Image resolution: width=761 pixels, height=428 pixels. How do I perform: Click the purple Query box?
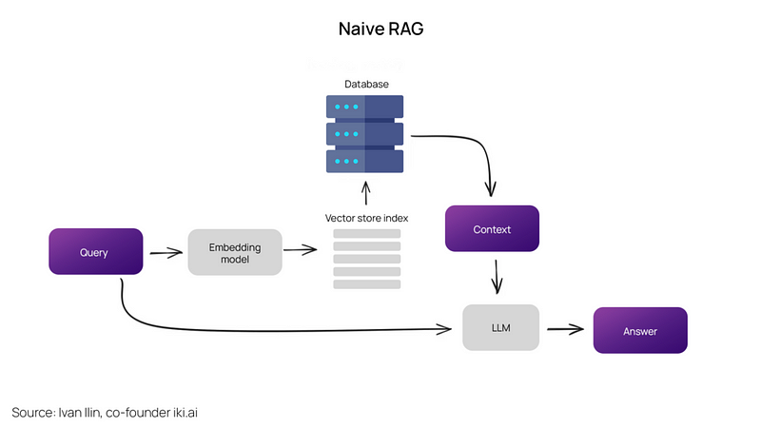coord(95,252)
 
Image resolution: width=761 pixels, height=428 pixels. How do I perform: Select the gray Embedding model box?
coord(235,252)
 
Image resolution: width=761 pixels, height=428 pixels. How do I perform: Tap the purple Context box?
coord(492,229)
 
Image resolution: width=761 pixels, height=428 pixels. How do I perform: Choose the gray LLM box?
coord(500,328)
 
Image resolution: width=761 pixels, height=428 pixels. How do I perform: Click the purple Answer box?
coord(640,330)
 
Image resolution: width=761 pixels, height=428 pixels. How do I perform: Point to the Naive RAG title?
coord(380,29)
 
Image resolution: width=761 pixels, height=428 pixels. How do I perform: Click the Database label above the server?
coord(366,85)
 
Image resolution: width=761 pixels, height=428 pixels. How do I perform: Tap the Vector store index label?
coord(366,218)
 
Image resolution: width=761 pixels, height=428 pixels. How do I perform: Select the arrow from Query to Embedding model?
coord(166,253)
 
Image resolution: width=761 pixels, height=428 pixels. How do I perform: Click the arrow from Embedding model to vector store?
coord(301,251)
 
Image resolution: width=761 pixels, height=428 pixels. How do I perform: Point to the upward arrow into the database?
coord(366,193)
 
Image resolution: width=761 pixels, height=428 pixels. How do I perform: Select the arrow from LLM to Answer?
coord(564,330)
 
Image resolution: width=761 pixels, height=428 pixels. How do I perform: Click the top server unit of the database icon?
coord(365,106)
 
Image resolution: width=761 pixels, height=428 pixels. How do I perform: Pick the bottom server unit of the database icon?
coord(365,160)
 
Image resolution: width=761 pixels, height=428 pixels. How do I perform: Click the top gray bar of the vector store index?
coord(366,234)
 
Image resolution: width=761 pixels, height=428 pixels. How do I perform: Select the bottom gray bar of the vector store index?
coord(366,283)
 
